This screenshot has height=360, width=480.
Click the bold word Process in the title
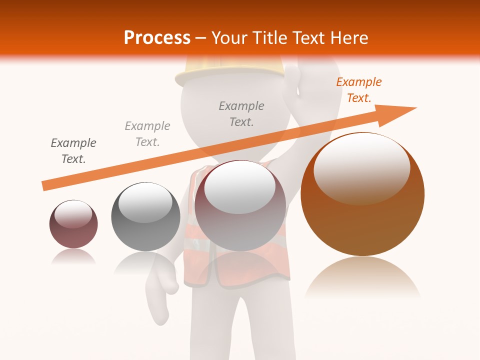point(157,38)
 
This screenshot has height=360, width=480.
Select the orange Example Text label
point(358,90)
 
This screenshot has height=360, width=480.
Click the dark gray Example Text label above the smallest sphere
point(73,151)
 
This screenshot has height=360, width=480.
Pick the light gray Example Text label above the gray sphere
point(147,134)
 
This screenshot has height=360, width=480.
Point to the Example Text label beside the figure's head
point(241,114)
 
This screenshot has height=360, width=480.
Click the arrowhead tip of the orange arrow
point(415,108)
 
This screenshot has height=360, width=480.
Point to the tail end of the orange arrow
point(44,186)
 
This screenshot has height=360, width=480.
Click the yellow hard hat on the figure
point(230,70)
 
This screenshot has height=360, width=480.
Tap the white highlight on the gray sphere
point(145,202)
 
